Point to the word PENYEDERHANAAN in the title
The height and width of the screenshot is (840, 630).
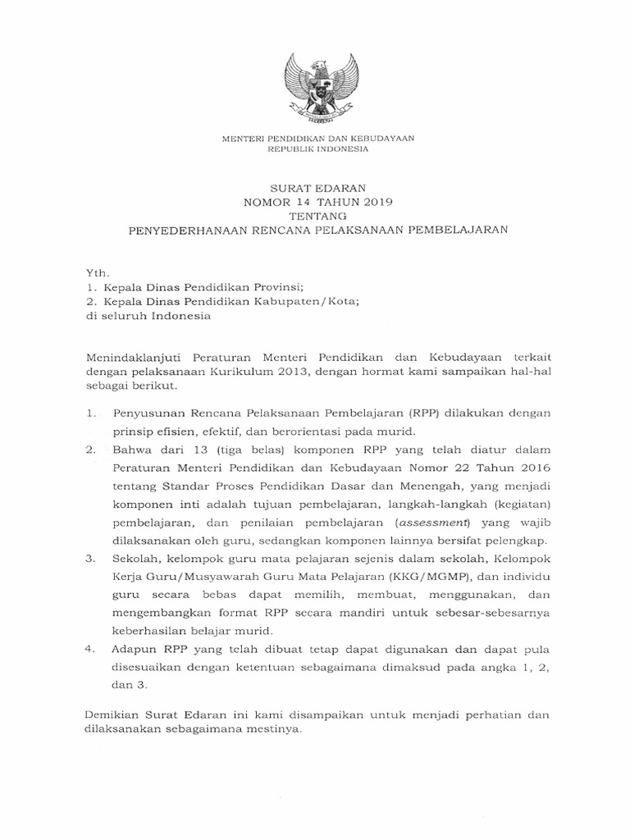[x=185, y=230]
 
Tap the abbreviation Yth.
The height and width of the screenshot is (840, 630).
[x=96, y=272]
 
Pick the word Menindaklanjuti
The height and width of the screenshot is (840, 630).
[x=130, y=358]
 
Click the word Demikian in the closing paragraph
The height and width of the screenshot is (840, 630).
[x=113, y=716]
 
